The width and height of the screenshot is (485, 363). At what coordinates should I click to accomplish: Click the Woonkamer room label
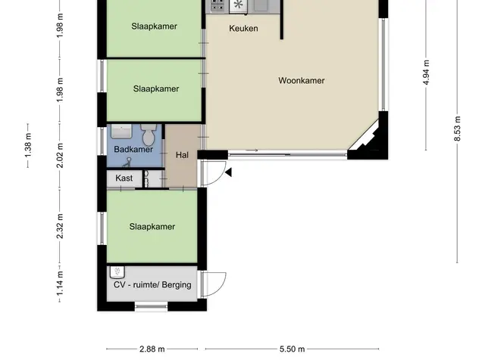click(302, 81)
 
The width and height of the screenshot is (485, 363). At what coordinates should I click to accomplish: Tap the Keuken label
click(243, 29)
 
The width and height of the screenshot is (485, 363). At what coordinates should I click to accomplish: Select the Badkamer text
click(133, 150)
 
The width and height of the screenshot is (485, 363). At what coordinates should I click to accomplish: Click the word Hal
click(182, 155)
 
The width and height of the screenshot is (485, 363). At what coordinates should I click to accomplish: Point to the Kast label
click(124, 178)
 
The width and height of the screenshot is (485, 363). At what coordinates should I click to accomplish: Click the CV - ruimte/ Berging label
click(152, 284)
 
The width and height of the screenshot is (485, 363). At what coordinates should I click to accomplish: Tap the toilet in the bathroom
click(149, 134)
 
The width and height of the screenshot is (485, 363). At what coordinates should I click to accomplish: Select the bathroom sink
click(121, 132)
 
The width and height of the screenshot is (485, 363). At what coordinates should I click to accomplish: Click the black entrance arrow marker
click(229, 172)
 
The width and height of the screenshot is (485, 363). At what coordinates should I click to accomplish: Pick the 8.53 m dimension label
click(458, 129)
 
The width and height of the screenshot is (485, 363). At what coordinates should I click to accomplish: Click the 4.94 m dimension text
click(426, 73)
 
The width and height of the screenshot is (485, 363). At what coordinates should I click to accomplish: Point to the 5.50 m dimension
click(292, 349)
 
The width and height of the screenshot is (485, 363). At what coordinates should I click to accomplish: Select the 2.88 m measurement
click(152, 349)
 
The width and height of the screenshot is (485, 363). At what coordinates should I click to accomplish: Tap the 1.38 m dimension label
click(28, 145)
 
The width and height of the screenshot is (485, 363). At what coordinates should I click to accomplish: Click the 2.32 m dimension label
click(60, 226)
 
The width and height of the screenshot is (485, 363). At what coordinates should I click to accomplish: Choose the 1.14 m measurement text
click(60, 283)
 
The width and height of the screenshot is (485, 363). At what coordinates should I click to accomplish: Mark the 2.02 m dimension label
click(60, 155)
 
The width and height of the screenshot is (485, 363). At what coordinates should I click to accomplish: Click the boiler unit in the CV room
click(117, 272)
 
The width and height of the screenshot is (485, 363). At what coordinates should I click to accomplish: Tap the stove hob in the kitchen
click(217, 5)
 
